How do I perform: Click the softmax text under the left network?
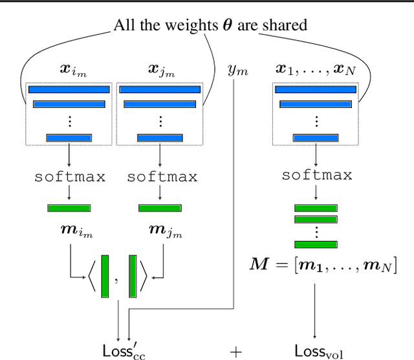click(x=69, y=176)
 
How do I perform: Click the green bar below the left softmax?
click(x=69, y=207)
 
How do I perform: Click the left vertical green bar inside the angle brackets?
click(x=105, y=277)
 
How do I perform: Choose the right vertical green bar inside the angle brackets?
click(x=132, y=277)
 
